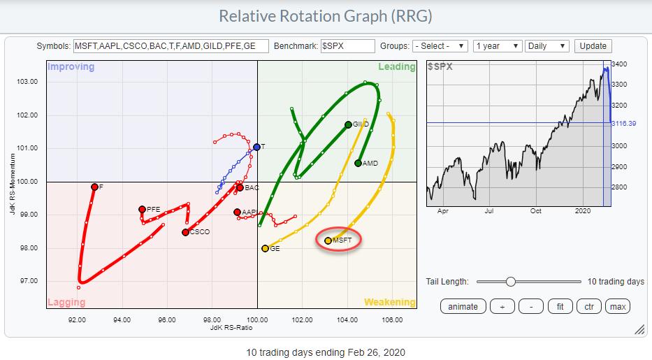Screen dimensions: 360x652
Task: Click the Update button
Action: [593, 46]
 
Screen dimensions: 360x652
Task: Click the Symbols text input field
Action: [169, 46]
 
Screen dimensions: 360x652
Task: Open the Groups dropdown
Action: [440, 46]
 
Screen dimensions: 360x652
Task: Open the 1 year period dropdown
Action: [497, 46]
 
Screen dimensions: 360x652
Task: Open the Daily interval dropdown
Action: [546, 46]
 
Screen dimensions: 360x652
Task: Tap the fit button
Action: [559, 306]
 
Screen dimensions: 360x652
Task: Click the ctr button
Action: [588, 306]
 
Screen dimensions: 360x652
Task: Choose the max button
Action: [618, 306]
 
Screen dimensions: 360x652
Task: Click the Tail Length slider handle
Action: [511, 281]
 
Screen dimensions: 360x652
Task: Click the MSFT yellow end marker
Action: [328, 240]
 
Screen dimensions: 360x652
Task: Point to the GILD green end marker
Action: [348, 124]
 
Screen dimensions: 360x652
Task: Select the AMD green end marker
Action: [358, 163]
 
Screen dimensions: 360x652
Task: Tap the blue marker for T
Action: [256, 147]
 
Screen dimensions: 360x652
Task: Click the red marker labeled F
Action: [94, 187]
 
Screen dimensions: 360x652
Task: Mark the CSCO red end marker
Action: [185, 232]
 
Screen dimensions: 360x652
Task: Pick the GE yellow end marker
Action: [265, 248]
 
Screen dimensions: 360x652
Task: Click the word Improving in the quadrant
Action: [71, 67]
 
